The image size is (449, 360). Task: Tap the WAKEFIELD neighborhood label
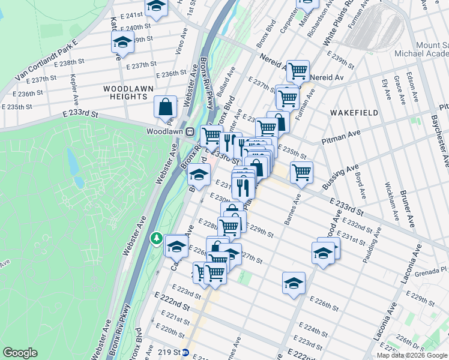(354, 112)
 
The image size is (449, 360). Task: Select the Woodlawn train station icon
(189, 131)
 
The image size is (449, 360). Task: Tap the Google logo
(20, 353)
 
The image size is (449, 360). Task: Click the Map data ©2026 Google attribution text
(412, 355)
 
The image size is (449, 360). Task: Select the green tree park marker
(157, 239)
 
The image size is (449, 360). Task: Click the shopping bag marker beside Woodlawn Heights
(165, 107)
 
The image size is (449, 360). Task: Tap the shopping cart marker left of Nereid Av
(298, 71)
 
